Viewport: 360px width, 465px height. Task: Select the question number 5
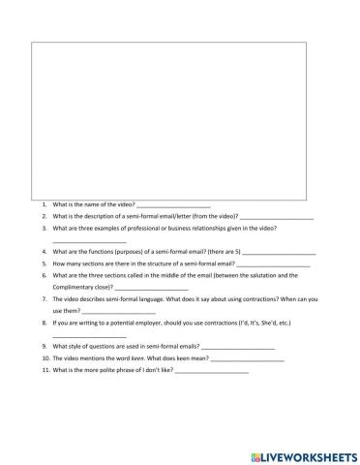pyautogui.click(x=45, y=263)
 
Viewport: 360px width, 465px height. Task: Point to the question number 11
pyautogui.click(x=45, y=370)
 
